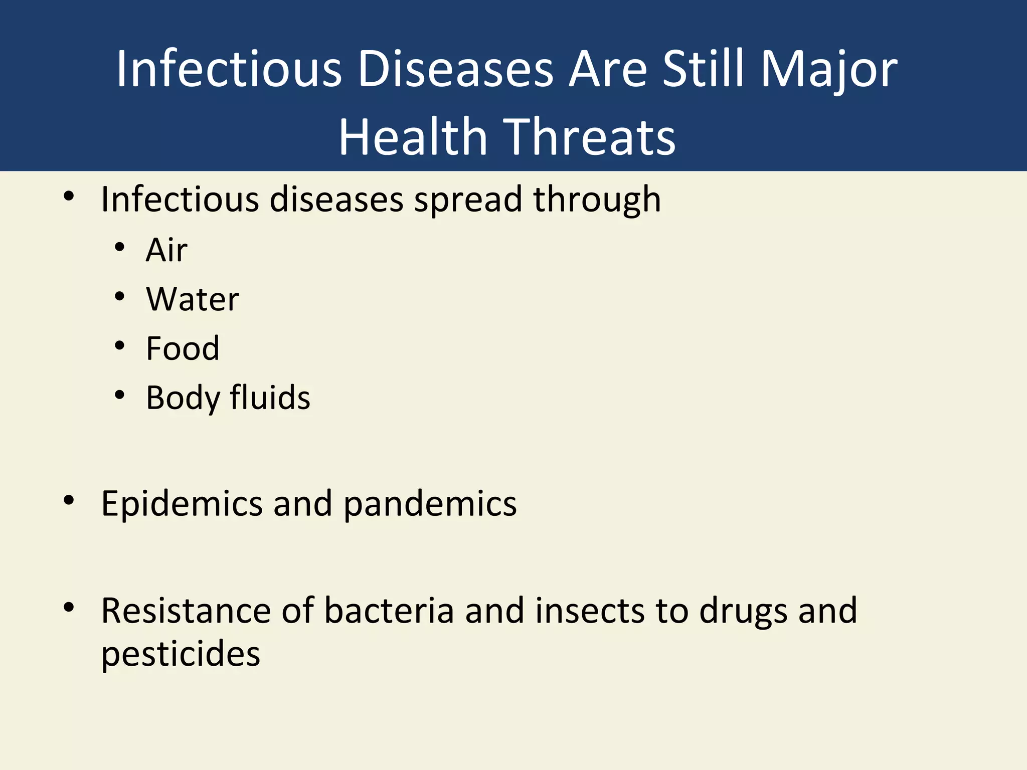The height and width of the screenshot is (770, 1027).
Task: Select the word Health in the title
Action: pos(413,137)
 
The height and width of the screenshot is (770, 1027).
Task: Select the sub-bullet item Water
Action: pos(193,299)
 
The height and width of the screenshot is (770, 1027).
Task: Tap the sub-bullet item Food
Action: pos(183,348)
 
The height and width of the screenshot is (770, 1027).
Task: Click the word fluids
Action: pos(270,398)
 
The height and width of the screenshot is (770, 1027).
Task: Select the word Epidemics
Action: pos(182,504)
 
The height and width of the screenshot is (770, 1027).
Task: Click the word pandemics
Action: pos(430,504)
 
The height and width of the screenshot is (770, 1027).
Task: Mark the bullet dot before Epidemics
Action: pos(69,500)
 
